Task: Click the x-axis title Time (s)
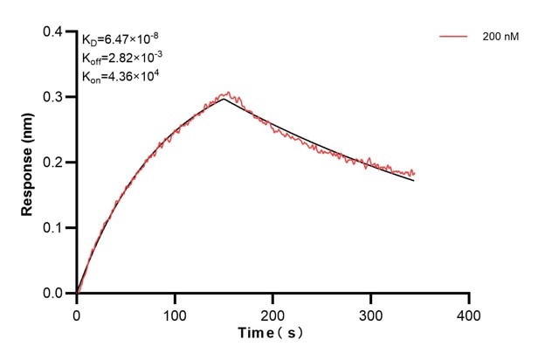272,334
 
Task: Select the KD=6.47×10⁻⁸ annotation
120,38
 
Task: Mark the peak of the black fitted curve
224,99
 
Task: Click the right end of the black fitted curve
414,180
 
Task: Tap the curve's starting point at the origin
77,294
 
